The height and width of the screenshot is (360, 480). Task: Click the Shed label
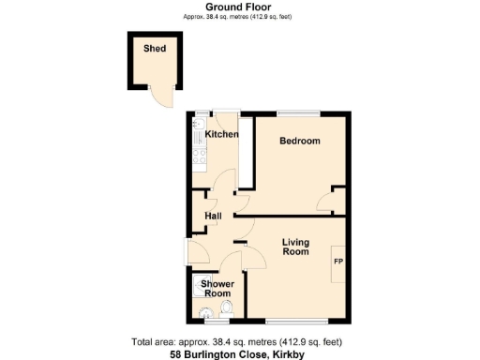[155, 48]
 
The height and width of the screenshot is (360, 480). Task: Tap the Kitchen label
[222, 135]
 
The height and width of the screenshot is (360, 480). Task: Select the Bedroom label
[300, 142]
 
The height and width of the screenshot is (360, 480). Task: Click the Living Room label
[296, 247]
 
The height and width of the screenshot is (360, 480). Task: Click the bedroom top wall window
[299, 114]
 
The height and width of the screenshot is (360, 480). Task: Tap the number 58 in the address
[175, 354]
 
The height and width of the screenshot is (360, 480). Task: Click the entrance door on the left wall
[191, 250]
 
